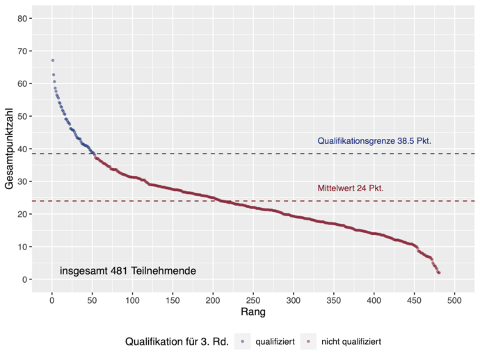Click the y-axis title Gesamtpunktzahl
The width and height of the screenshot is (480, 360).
(x=10, y=148)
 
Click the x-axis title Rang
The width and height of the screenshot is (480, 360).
(x=253, y=313)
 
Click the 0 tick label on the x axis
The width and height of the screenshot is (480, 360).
(x=51, y=300)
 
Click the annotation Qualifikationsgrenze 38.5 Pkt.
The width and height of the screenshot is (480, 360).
(x=374, y=141)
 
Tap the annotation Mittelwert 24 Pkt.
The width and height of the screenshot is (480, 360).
(x=351, y=188)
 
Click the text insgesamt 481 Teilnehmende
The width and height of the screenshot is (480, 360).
(x=127, y=270)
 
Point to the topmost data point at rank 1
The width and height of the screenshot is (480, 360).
(x=52, y=60)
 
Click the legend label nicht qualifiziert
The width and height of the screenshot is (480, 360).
(x=351, y=342)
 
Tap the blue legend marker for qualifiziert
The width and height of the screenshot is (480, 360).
(x=242, y=342)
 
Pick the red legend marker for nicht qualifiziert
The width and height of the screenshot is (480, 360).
(x=308, y=342)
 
